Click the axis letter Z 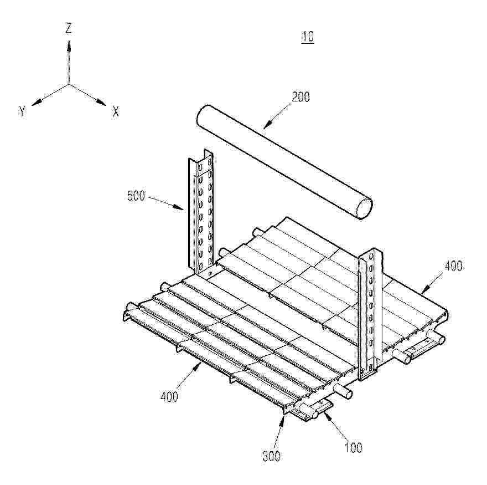coord(68,28)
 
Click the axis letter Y coord(22,111)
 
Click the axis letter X coord(116,111)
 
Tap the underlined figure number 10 coord(308,37)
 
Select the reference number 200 coord(301,97)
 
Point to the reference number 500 coord(136,196)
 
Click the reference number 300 coord(272,456)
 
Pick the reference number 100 coord(354,448)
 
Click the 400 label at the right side coord(453,266)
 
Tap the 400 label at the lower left coord(169,397)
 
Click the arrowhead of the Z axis coord(69,45)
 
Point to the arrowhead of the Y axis coord(37,102)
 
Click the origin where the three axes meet coord(69,84)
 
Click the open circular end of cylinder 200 coord(364,208)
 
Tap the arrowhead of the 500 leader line coord(178,207)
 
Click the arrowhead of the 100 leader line coord(327,415)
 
